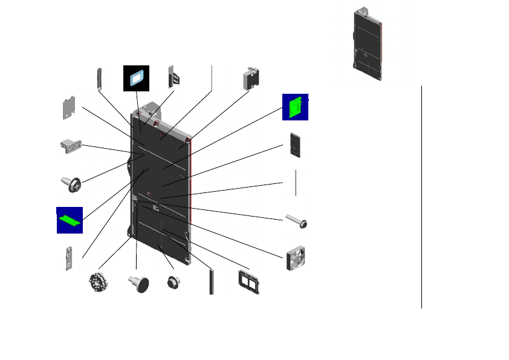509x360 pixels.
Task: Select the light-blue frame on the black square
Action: point(137,78)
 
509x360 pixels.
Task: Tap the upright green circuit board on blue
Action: point(295,106)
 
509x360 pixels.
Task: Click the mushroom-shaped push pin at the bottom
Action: point(140,283)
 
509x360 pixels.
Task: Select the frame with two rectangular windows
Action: point(248,282)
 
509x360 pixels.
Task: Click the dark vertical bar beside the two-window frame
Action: point(212,282)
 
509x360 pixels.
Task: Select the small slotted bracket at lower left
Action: point(71,258)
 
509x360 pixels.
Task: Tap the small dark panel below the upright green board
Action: point(296,144)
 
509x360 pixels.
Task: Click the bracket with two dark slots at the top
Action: point(174,77)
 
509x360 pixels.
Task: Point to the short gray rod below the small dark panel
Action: point(296,182)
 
